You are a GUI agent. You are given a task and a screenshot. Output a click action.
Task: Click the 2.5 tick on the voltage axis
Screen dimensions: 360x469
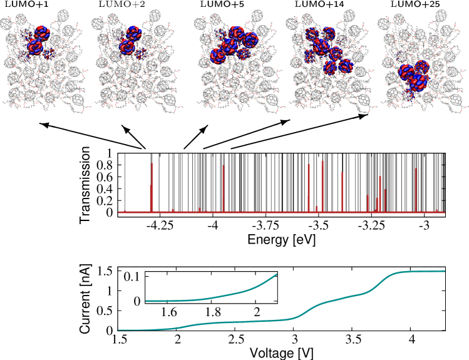coord(237,341)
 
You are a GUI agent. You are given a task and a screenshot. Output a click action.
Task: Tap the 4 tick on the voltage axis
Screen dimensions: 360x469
coord(411,341)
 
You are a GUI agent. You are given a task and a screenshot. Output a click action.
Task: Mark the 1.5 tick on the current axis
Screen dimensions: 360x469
coord(105,271)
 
